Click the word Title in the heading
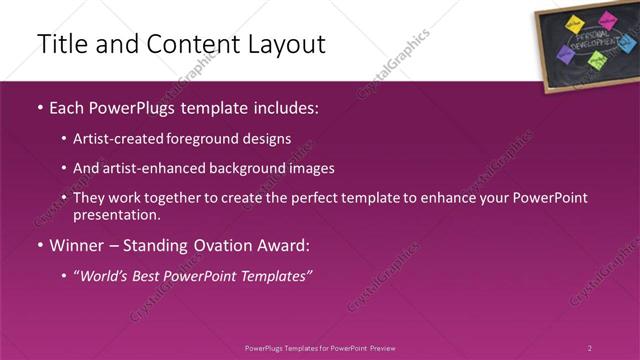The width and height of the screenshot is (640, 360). coord(59,45)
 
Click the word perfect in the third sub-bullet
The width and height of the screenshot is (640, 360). coord(314,198)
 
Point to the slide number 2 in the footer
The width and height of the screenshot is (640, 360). coord(590,348)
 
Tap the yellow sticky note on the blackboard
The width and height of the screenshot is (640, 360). coord(574,23)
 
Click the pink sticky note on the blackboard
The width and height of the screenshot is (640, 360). coord(605,20)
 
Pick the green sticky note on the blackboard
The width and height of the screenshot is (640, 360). coord(597,61)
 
